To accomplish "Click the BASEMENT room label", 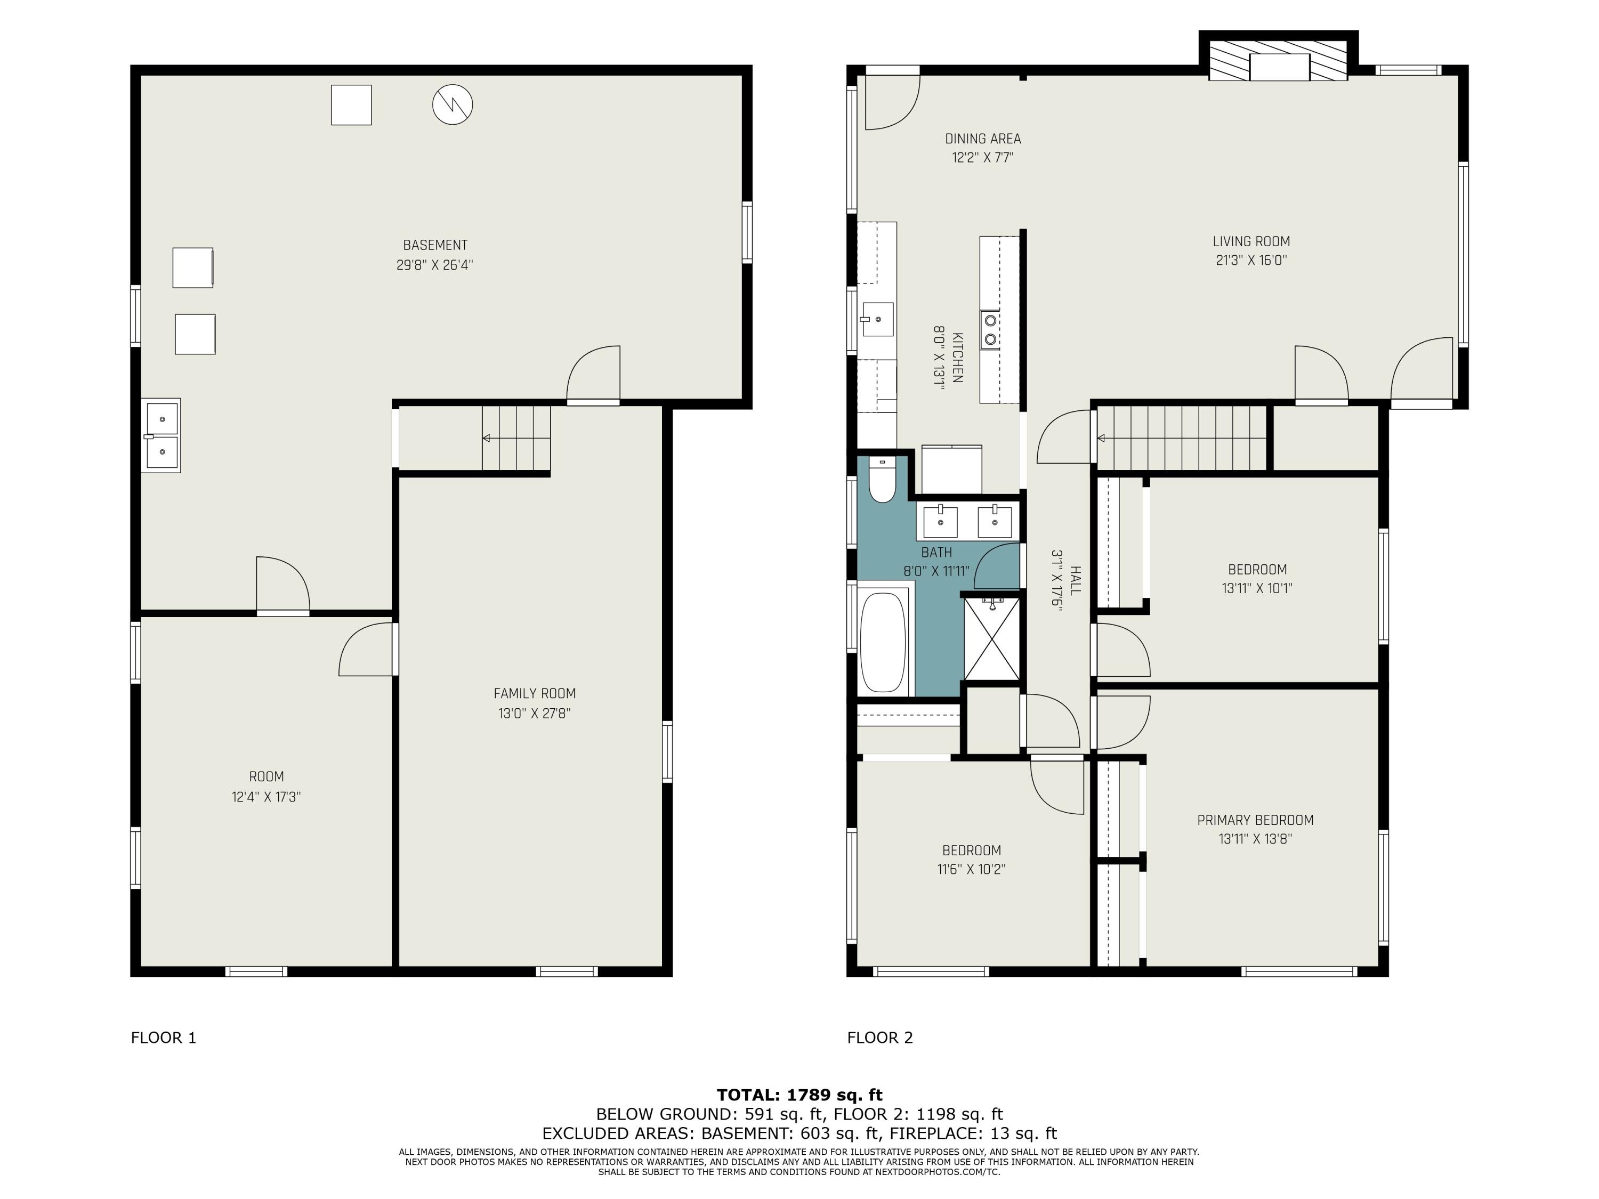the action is click(435, 245).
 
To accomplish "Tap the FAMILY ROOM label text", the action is click(535, 694).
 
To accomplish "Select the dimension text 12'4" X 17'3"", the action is click(266, 797).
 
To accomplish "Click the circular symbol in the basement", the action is click(453, 105).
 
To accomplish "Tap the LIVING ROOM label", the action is click(1251, 241).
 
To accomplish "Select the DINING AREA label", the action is click(983, 139).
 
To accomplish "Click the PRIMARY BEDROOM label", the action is click(1255, 820).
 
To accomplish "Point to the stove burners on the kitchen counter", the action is click(990, 329).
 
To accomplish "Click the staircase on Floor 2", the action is click(1182, 438).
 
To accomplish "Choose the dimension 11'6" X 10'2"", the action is click(972, 869).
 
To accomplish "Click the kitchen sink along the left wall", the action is click(877, 319).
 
